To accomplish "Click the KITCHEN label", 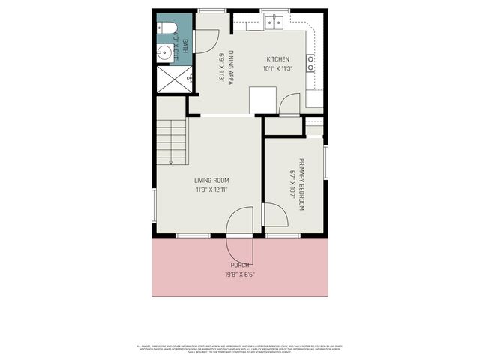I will pos(277,59).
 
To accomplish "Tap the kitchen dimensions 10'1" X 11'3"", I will pos(277,68).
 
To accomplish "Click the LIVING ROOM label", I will pos(211,181).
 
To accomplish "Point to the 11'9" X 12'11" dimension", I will pos(211,190).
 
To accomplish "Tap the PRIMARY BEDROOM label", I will pos(301,184).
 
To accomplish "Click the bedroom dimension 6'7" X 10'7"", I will pos(292,184).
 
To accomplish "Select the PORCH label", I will pos(240,265).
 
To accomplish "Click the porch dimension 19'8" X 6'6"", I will pos(240,274).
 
